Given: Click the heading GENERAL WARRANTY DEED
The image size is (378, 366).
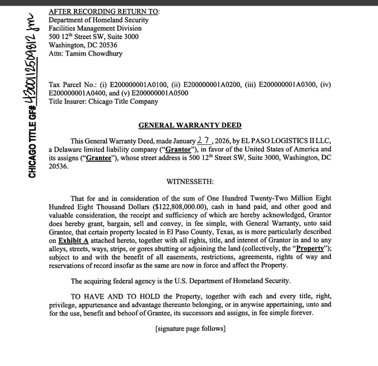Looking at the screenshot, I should (x=190, y=126).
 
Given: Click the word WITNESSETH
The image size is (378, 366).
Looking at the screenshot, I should (x=190, y=182).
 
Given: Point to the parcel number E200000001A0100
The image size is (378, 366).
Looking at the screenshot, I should (x=141, y=84).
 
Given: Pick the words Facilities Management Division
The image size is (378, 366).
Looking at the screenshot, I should (x=95, y=28).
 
